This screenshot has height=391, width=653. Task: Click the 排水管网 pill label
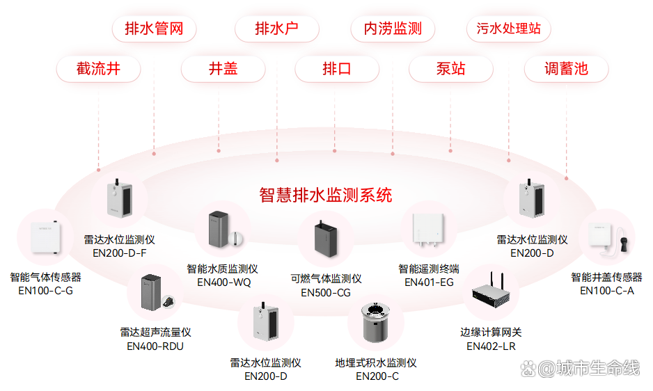[x=154, y=29]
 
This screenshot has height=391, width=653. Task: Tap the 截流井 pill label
[x=99, y=69]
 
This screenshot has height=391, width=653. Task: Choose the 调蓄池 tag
[x=566, y=69]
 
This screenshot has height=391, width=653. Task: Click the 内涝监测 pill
[x=393, y=29]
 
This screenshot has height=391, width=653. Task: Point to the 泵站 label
[x=450, y=69]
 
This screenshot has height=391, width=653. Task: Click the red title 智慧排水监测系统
[x=326, y=195]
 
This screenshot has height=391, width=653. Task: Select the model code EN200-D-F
[x=120, y=253]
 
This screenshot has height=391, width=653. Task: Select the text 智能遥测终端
[x=429, y=269]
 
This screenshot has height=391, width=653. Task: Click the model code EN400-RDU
[x=155, y=346]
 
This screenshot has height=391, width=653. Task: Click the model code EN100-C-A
[x=606, y=290]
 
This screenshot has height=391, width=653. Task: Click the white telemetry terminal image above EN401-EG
[x=429, y=230]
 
